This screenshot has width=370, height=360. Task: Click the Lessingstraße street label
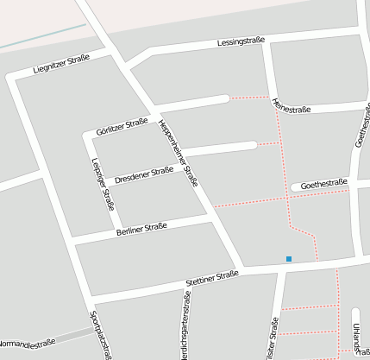click(241, 41)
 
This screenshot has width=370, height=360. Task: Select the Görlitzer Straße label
click(123, 126)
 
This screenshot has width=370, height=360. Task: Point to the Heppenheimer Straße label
click(179, 153)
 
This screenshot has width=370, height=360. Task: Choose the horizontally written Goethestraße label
click(323, 182)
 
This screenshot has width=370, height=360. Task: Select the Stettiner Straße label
click(211, 278)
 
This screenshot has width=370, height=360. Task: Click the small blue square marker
click(289, 258)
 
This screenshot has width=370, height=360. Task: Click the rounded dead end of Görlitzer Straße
click(225, 98)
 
